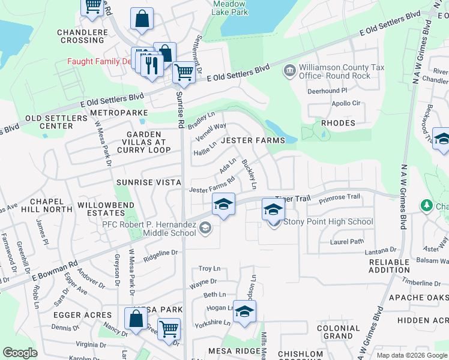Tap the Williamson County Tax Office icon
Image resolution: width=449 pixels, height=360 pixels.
(289, 71)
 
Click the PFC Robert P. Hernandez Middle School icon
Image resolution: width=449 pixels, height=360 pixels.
(205, 227)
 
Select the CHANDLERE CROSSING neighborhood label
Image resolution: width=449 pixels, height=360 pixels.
(80, 36)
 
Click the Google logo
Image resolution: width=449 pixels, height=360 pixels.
(20, 352)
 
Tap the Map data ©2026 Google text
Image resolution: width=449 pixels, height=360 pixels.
(411, 355)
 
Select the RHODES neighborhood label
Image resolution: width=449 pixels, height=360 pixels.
(338, 123)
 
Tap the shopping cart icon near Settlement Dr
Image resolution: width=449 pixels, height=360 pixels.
(184, 73)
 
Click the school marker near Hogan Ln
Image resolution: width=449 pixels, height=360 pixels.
(244, 311)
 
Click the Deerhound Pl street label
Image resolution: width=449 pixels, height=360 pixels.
(327, 91)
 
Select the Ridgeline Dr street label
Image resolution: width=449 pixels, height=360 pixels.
(162, 255)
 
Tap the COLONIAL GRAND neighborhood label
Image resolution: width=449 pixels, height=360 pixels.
(338, 332)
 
